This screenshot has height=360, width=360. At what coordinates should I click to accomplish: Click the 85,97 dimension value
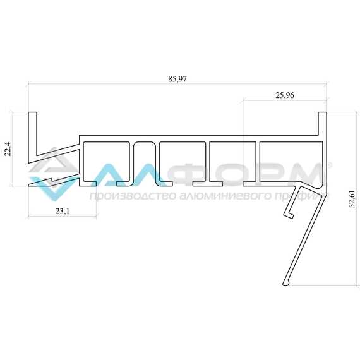coord(177,79)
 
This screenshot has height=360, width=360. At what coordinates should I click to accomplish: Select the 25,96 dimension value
coord(285,95)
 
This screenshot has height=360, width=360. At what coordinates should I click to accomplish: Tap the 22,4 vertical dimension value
coord(8,149)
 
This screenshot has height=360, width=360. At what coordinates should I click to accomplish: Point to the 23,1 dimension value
coord(63,211)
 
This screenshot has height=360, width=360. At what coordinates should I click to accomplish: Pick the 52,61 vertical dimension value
coord(352,199)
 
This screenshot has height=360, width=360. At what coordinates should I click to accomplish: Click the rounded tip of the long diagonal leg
coord(286,284)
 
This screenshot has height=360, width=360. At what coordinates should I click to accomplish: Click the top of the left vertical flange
coord(32,112)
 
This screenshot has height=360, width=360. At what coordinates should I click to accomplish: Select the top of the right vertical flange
coord(322,112)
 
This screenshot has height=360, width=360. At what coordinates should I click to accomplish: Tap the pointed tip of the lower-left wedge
coord(29,185)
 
